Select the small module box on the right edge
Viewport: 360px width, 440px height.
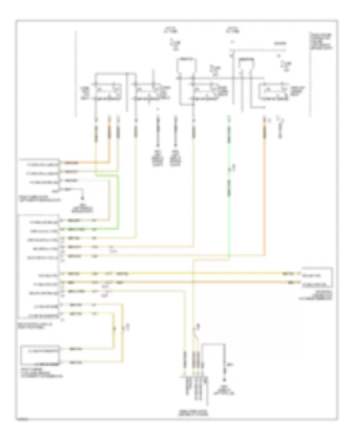coord(317,277)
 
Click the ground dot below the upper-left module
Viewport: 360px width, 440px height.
coord(83,198)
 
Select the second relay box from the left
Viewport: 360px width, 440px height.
coord(147,91)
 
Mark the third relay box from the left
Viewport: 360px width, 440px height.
coord(204,91)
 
